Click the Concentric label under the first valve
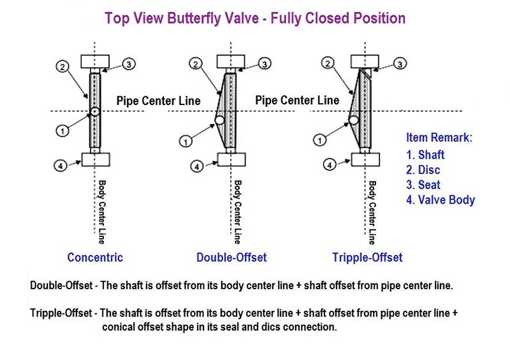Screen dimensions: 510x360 95,257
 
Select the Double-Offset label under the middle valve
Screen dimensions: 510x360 231,257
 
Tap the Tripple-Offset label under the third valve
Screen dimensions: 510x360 367,257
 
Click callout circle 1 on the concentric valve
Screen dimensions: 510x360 62,131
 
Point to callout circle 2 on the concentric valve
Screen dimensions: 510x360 62,67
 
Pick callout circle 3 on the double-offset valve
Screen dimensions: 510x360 265,64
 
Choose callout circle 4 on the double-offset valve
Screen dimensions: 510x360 196,166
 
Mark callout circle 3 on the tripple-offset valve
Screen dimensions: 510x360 400,64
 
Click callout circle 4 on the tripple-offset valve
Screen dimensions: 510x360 330,164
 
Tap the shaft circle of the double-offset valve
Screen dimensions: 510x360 219,120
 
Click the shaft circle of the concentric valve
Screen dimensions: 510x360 94,112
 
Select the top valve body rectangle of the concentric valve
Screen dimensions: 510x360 95,61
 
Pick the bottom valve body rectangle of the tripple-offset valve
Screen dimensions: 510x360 365,159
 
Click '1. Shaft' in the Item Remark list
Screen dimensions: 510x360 425,155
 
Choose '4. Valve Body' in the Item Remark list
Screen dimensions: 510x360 441,199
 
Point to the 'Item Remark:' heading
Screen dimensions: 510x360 439,137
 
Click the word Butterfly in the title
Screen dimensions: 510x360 213,18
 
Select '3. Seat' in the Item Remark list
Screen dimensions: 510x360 423,185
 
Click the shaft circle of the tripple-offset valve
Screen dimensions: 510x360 354,120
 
